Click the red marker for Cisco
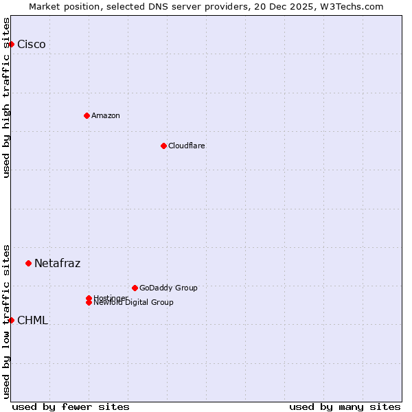tap(11, 44)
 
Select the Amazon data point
tap(87, 115)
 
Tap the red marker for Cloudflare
tap(163, 146)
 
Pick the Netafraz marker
tap(28, 263)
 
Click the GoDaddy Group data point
tap(135, 288)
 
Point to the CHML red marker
tap(11, 320)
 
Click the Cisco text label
tap(32, 45)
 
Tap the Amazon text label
tap(106, 115)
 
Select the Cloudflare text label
tap(187, 146)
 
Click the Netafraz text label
tap(58, 264)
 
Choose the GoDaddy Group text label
tap(168, 288)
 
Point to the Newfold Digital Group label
tap(134, 303)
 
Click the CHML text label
tap(33, 321)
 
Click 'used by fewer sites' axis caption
tap(71, 407)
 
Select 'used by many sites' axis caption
tap(345, 407)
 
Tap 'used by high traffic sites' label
tap(7, 98)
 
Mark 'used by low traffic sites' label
tap(7, 321)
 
